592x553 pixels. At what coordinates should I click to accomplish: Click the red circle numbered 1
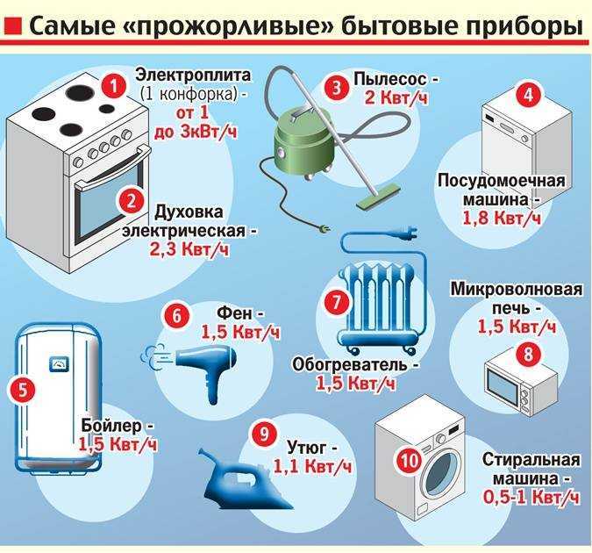pos(111,85)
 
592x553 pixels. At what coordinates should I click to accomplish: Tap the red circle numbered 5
pos(21,387)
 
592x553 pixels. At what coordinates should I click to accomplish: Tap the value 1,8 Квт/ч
pos(503,217)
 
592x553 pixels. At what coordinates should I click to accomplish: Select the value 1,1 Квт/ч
pos(313,465)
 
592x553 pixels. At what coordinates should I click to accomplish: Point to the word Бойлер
pos(111,425)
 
